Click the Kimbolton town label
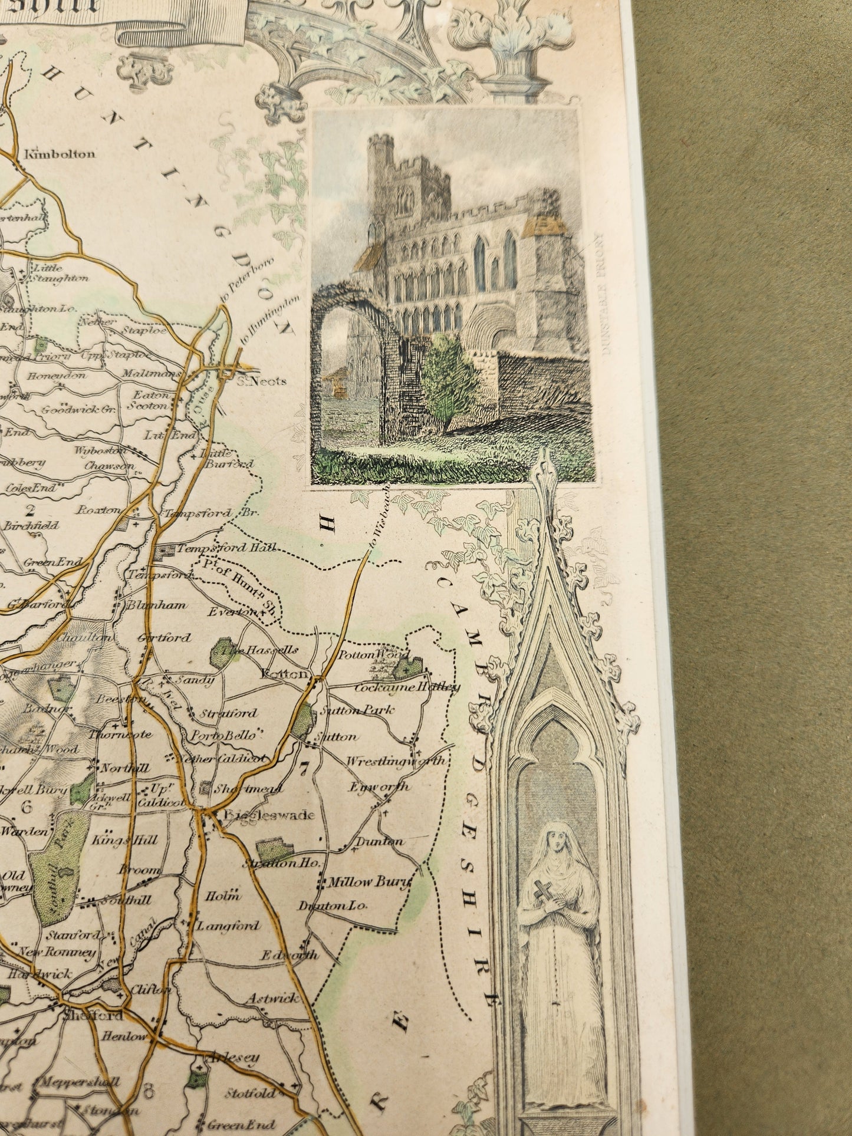click(59, 154)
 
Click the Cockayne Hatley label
click(407, 687)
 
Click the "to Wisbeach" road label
click(379, 519)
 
